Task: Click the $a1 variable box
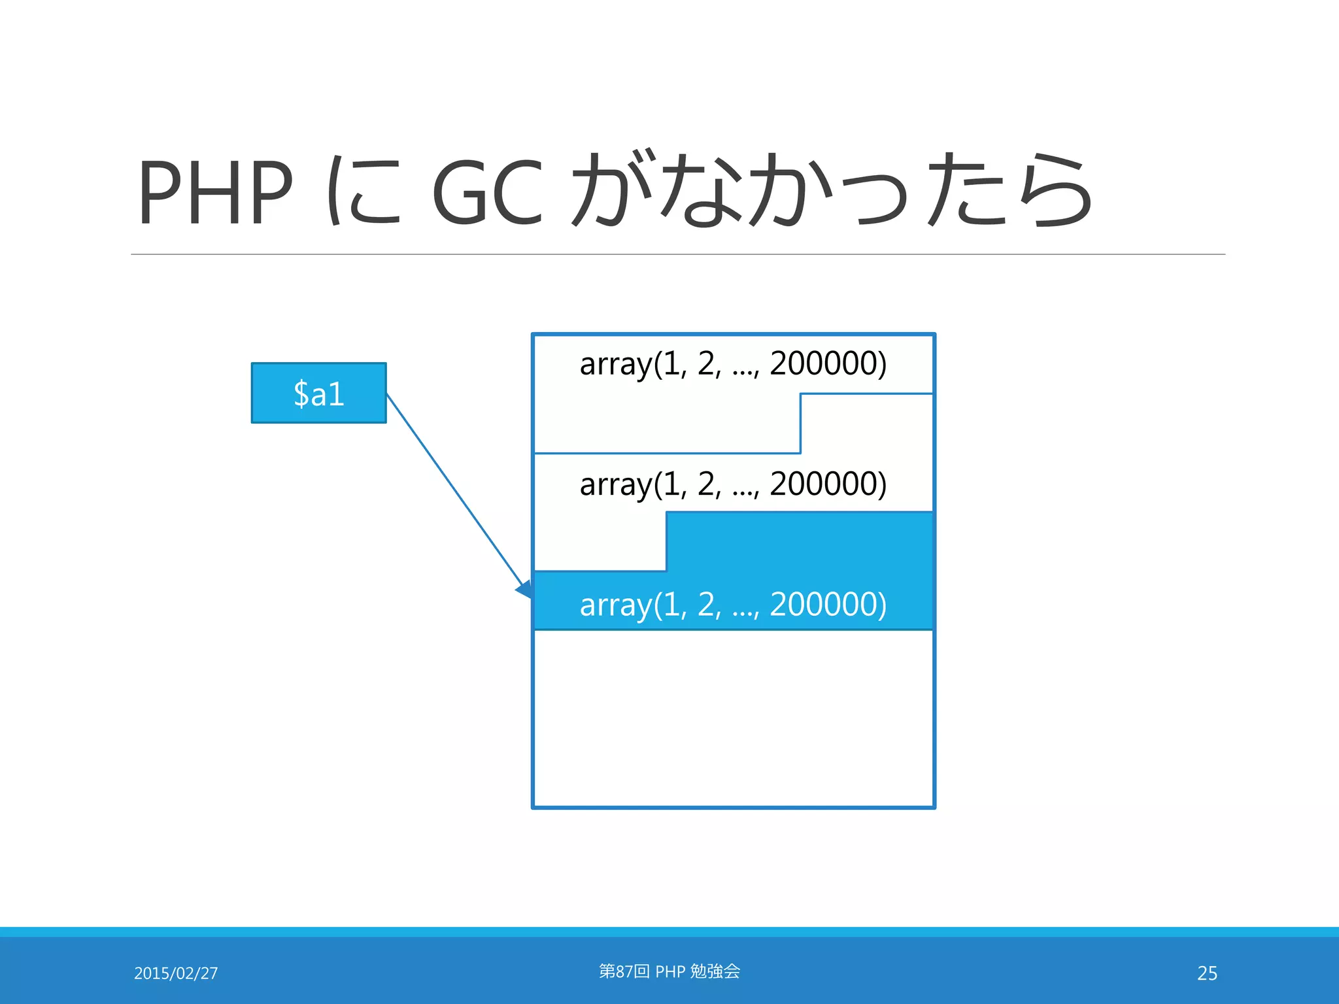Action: click(318, 393)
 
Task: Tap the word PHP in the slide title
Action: click(215, 192)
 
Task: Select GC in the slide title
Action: click(487, 192)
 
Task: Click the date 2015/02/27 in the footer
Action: click(176, 973)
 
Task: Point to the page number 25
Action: click(1207, 973)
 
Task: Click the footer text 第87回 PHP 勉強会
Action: click(669, 971)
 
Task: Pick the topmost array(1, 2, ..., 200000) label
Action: click(732, 363)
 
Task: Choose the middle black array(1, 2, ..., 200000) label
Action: click(732, 484)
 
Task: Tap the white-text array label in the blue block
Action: click(732, 605)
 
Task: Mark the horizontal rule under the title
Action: click(677, 254)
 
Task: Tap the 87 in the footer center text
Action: click(624, 971)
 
